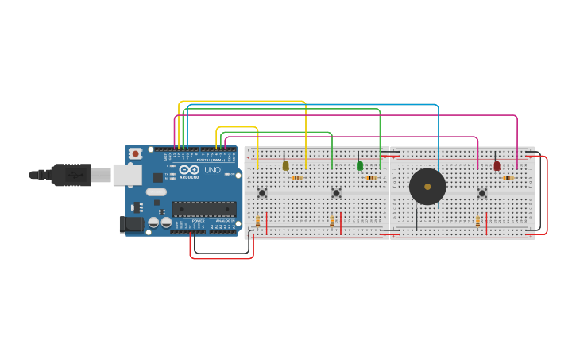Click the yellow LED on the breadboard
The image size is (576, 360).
pos(285,165)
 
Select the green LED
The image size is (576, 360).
pos(360,165)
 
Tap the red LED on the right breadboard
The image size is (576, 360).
pos(497,165)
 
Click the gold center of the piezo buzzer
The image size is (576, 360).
pos(427,187)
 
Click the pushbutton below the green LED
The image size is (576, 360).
pos(336,192)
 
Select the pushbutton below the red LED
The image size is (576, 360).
pos(481,192)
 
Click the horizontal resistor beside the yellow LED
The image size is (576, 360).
pos(297,178)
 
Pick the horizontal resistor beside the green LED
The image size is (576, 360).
pos(371,178)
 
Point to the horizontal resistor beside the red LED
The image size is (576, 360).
pos(508,178)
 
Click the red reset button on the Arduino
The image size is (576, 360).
pos(136,153)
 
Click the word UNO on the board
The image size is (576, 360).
pos(212,170)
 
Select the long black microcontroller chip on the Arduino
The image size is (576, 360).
pos(204,209)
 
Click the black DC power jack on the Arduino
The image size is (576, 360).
pos(132,225)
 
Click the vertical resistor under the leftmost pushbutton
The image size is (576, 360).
pos(257,222)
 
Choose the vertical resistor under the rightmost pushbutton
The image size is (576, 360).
pos(477,222)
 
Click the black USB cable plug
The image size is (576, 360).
pos(72,174)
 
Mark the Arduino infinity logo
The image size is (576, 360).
pos(189,169)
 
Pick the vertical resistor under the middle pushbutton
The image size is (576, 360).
pos(332,222)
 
